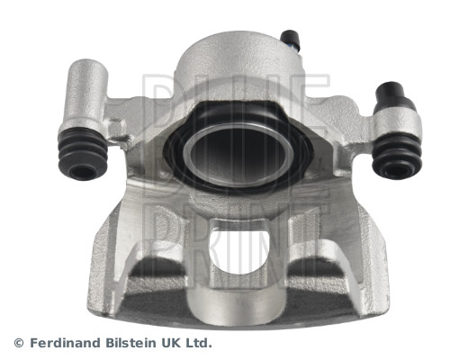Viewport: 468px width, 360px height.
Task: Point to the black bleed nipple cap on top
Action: [x=290, y=39]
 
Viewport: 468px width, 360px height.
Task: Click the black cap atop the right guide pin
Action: [x=390, y=92]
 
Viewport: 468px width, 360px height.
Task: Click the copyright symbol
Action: [x=19, y=343]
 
